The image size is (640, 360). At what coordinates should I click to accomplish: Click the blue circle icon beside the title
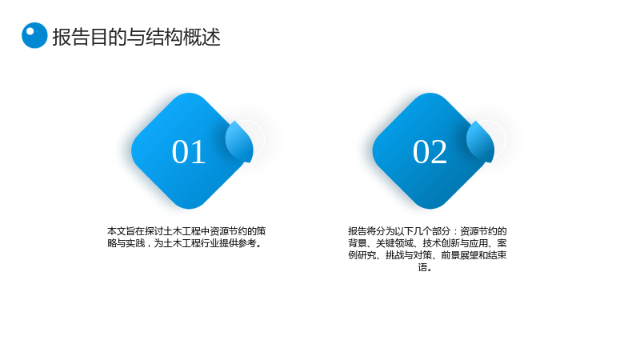34,35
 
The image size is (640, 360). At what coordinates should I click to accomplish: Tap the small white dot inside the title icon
30,31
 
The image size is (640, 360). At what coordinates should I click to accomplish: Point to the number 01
188,152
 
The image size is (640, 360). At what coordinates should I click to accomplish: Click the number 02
430,152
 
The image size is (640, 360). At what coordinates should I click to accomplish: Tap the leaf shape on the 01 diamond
239,142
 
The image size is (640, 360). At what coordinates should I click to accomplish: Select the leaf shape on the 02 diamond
481,142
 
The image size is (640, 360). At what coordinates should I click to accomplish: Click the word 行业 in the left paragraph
210,243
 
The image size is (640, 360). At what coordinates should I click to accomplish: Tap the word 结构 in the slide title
165,37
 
